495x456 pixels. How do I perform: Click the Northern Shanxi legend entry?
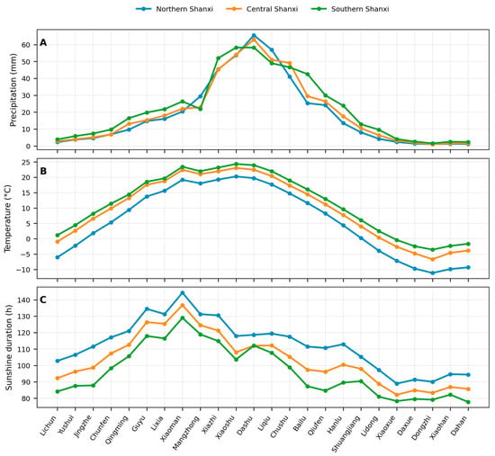coord(175,9)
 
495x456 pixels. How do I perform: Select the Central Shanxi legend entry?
coord(262,9)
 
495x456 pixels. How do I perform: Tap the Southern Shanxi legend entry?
coord(350,9)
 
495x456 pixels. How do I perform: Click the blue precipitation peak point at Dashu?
coord(254,35)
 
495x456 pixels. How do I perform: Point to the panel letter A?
coord(43,43)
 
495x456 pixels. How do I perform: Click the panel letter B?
coord(43,171)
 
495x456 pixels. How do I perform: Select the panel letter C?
coord(43,300)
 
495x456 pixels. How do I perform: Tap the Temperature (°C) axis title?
coord(7,219)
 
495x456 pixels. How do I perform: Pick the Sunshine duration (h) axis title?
coord(9,347)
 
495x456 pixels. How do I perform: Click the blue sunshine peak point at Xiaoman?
coord(183,293)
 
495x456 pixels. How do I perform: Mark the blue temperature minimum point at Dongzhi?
coord(433,273)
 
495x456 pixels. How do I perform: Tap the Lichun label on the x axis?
coord(49,425)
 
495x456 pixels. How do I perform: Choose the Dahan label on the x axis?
coord(460,425)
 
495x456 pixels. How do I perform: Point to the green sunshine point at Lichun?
coord(58,391)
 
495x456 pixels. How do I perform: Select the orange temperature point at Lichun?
coord(58,242)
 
